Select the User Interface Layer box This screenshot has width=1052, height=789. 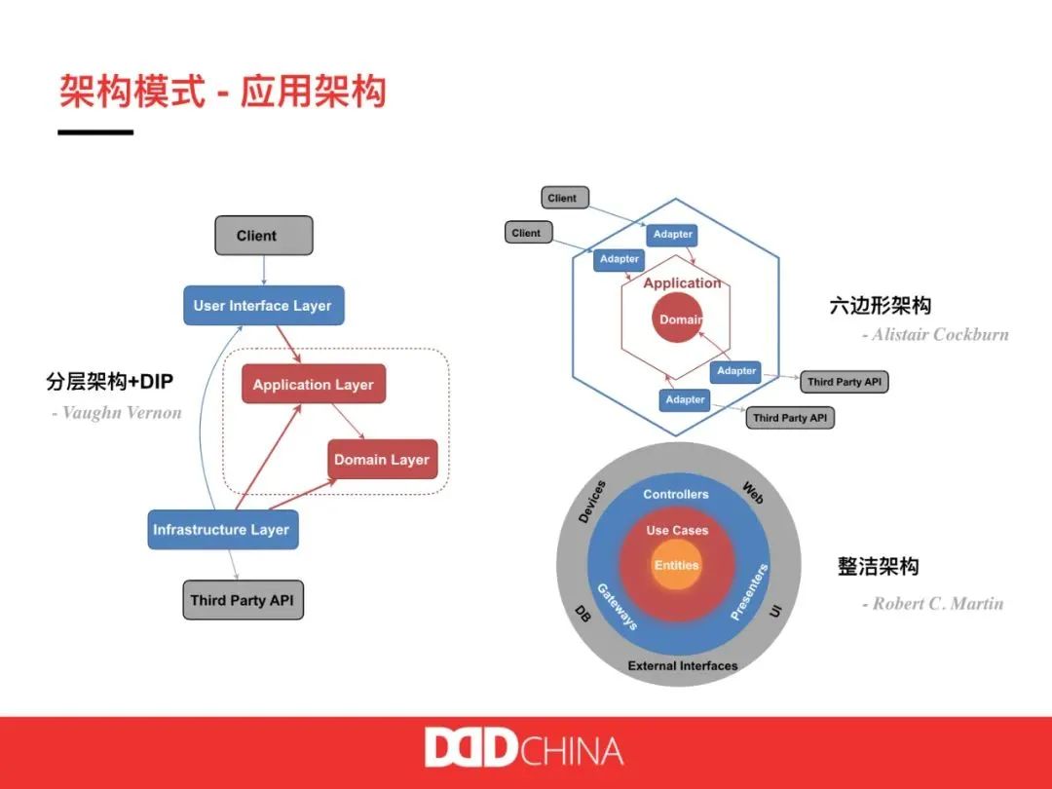pos(263,306)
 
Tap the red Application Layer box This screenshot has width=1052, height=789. pos(314,385)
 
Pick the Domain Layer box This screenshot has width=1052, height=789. pos(382,460)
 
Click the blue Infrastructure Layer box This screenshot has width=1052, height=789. pos(221,530)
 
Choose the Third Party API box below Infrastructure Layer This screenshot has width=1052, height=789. pos(243,600)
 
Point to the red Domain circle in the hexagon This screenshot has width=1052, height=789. pos(679,319)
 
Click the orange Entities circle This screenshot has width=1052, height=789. pos(677,566)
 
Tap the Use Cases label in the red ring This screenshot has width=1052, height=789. pos(677,531)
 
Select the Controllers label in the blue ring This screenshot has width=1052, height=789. pos(676,495)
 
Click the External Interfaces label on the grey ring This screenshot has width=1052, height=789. pos(682,666)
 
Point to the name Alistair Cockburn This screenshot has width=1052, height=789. pos(935,334)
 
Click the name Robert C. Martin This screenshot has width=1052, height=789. pos(932,604)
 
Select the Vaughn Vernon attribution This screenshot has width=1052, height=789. pos(117,413)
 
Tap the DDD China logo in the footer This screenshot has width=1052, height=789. pos(524,750)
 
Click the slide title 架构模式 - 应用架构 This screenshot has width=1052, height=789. pos(223,92)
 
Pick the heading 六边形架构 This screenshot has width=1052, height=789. pos(880,306)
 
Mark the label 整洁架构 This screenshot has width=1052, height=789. pos(878,567)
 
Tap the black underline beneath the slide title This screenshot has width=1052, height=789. pos(95,131)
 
